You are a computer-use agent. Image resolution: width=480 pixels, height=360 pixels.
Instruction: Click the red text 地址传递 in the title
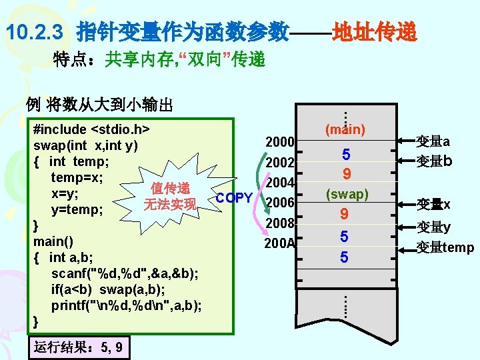pyautogui.click(x=375, y=31)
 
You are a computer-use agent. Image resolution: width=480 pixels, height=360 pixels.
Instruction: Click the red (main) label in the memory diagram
pyautogui.click(x=345, y=129)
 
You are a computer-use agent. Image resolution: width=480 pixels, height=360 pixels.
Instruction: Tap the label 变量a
pyautogui.click(x=433, y=141)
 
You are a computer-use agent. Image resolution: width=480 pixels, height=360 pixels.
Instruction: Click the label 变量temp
pyautogui.click(x=445, y=248)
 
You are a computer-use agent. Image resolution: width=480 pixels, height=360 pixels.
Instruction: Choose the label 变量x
pyautogui.click(x=433, y=204)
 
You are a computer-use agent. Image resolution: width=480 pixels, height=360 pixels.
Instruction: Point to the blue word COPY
pyautogui.click(x=234, y=198)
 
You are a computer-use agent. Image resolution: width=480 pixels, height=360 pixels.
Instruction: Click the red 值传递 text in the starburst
pyautogui.click(x=171, y=188)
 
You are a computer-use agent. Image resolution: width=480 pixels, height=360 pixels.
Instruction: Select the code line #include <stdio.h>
pyautogui.click(x=91, y=129)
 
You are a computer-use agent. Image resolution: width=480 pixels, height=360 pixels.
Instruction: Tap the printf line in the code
pyautogui.click(x=127, y=305)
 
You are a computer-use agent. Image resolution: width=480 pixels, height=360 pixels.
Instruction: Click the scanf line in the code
pyautogui.click(x=124, y=273)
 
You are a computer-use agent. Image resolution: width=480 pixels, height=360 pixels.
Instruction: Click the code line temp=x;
pyautogui.click(x=77, y=177)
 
